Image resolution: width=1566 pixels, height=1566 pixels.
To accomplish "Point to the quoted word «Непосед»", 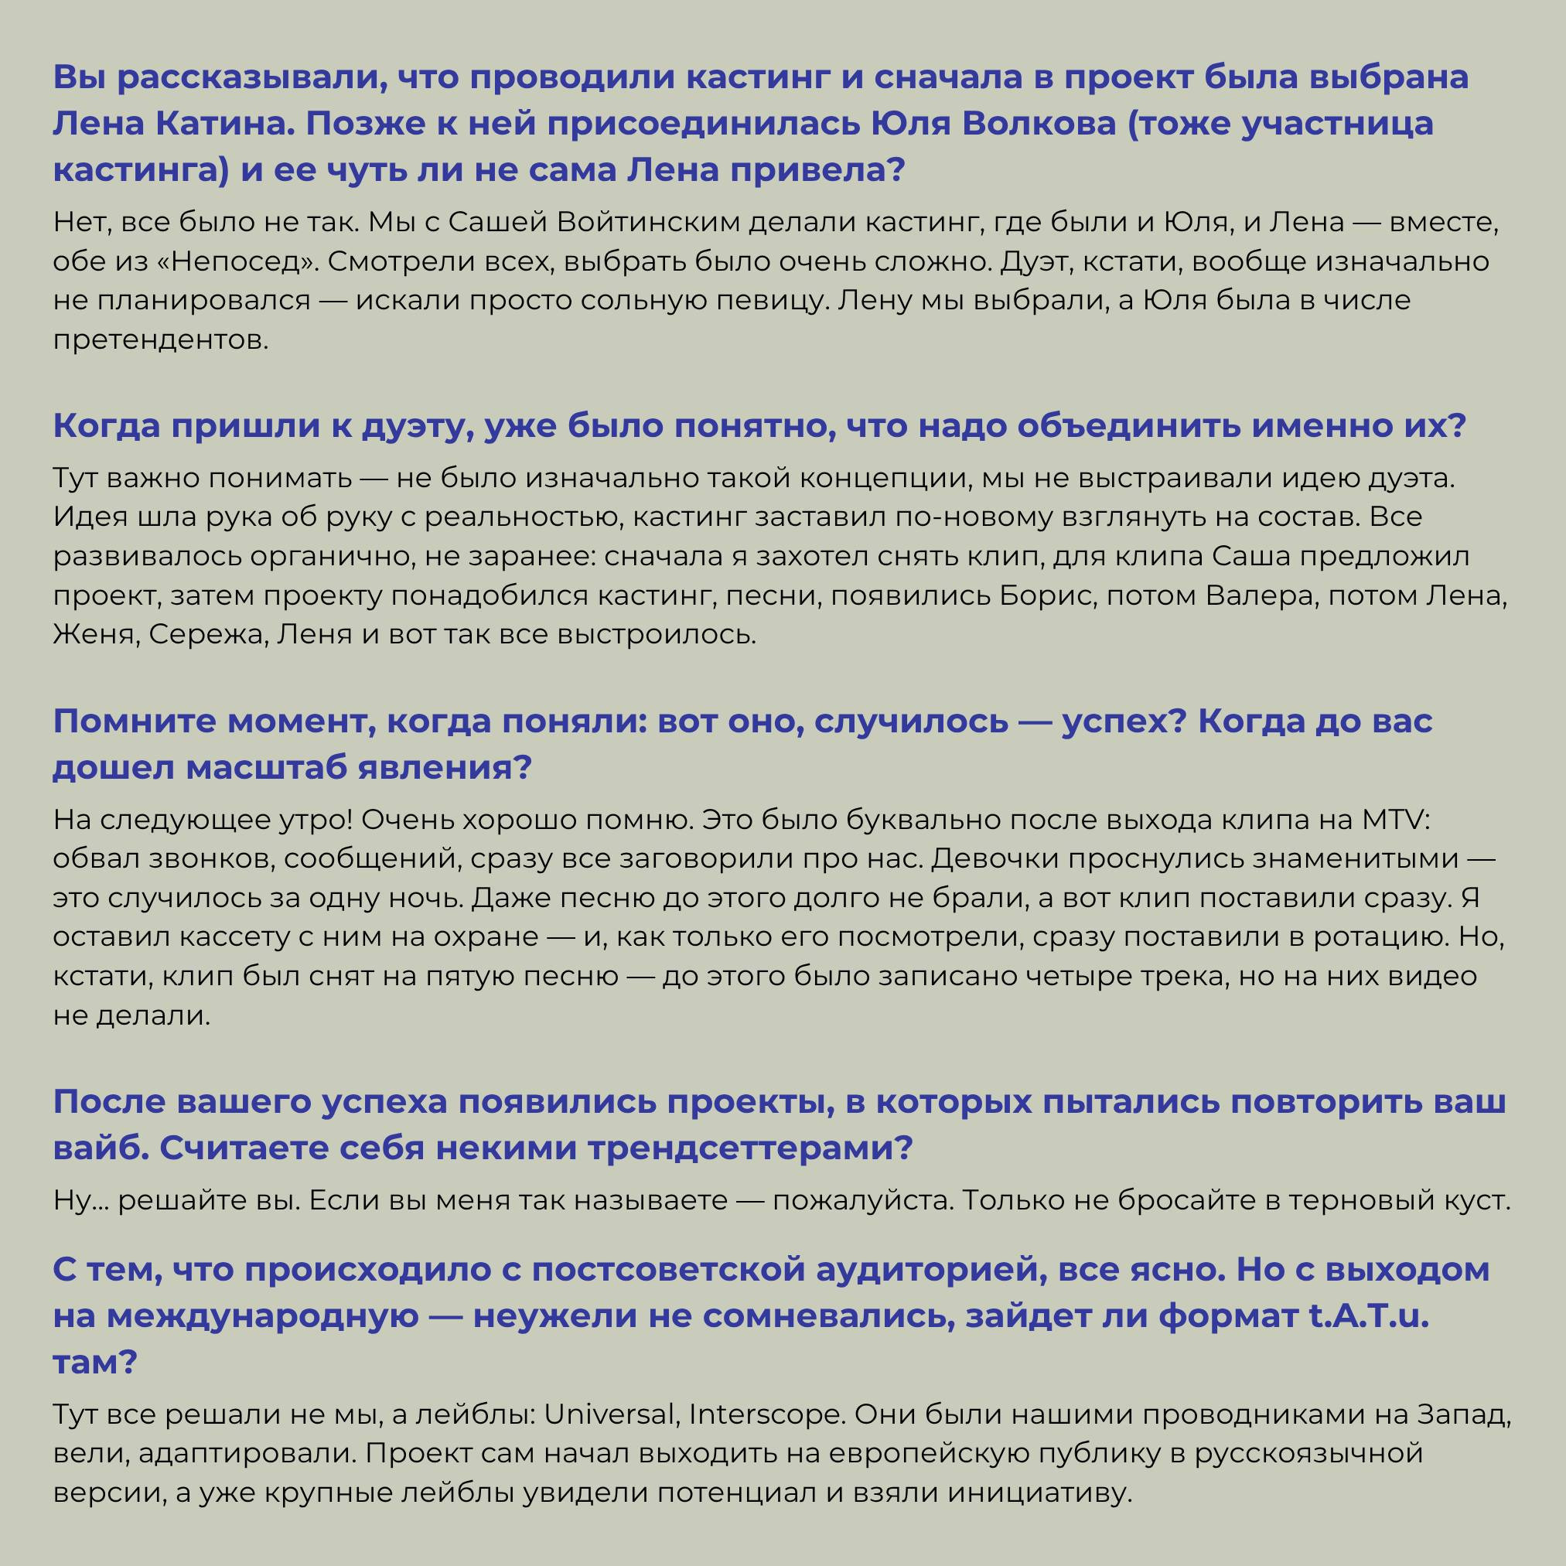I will [224, 261].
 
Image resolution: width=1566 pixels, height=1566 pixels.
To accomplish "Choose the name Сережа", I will [207, 635].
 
